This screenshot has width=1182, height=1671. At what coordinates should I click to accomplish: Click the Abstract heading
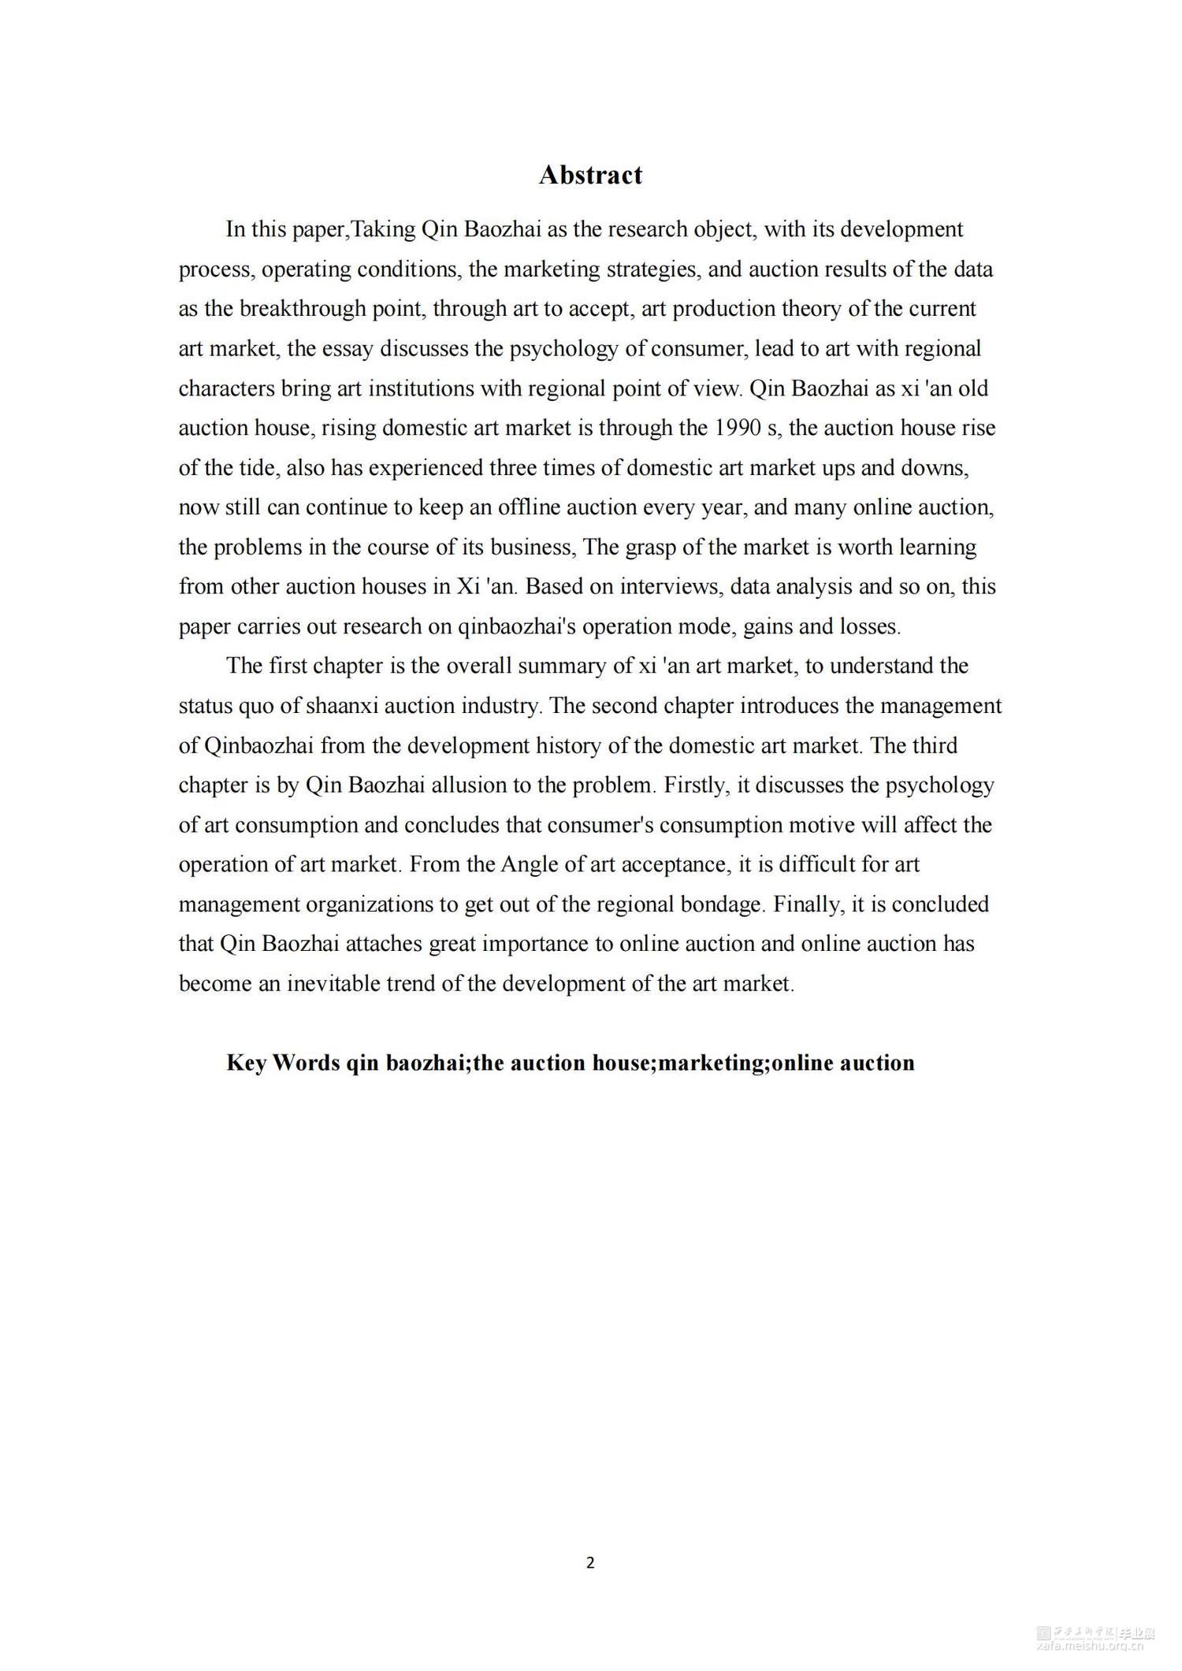590,175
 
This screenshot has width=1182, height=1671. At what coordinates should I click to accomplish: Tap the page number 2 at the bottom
590,1563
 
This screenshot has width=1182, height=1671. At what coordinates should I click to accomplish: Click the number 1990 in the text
738,428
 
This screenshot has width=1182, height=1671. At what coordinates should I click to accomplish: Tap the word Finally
802,904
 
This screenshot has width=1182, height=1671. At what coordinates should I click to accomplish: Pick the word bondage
723,904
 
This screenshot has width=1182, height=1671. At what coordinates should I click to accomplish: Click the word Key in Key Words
246,1063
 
